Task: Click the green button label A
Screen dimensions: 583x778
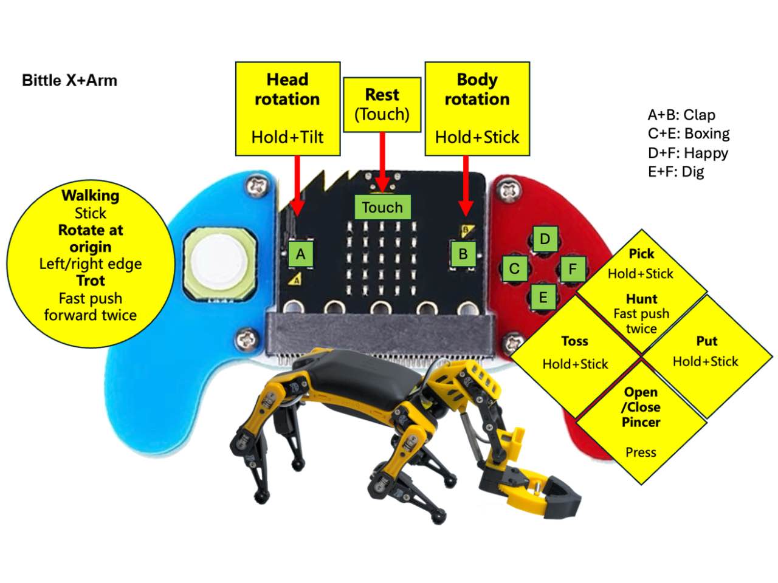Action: [x=300, y=254]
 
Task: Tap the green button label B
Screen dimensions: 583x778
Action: [x=463, y=253]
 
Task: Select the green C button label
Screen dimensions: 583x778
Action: [x=514, y=268]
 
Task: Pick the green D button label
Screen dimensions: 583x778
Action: [x=545, y=239]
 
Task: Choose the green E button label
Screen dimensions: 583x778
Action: [x=543, y=298]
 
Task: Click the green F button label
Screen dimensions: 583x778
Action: [x=573, y=268]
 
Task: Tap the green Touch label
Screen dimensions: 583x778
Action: [x=382, y=207]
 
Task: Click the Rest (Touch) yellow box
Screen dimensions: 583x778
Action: [x=382, y=104]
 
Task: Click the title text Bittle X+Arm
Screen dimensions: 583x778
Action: [x=69, y=80]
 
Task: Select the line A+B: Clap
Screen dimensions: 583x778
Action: [x=681, y=115]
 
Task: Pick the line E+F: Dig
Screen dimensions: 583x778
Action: [x=675, y=171]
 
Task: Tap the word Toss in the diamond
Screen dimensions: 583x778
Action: [x=574, y=341]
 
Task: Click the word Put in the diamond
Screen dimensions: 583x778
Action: [x=706, y=341]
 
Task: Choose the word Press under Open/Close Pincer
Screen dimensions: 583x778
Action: [x=641, y=452]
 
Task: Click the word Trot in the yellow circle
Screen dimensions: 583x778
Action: [x=90, y=281]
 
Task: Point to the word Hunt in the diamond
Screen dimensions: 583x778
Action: [x=641, y=299]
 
